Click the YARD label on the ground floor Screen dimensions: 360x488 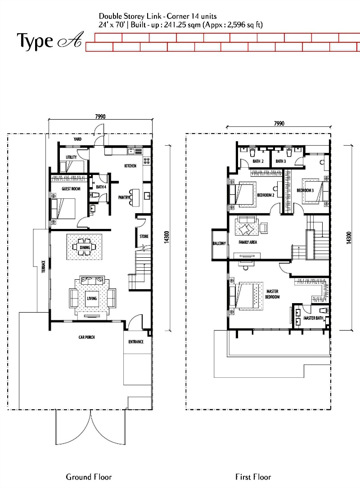pos(77,139)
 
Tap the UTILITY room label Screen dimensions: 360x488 pos(71,157)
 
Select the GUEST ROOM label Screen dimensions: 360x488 pos(71,188)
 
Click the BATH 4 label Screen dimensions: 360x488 pos(101,187)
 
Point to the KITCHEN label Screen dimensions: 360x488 pos(130,166)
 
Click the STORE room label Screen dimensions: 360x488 pos(144,237)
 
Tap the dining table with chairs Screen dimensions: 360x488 pos(85,247)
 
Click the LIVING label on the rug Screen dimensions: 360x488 pos(92,299)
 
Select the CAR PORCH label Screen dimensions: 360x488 pos(86,337)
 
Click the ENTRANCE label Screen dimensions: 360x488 pos(136,342)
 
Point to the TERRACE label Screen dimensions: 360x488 pos(44,267)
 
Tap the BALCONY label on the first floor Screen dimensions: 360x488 pos(219,243)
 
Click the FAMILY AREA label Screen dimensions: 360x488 pos(248,242)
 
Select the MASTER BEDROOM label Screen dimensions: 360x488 pos(273,294)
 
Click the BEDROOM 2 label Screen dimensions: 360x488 pos(265,195)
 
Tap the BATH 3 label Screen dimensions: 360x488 pos(281,161)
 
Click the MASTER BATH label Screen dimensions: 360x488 pos(313,318)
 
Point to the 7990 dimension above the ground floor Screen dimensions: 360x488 pos(100,116)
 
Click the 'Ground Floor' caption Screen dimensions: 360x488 pos(89,477)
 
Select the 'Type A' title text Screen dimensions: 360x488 pos(50,41)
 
